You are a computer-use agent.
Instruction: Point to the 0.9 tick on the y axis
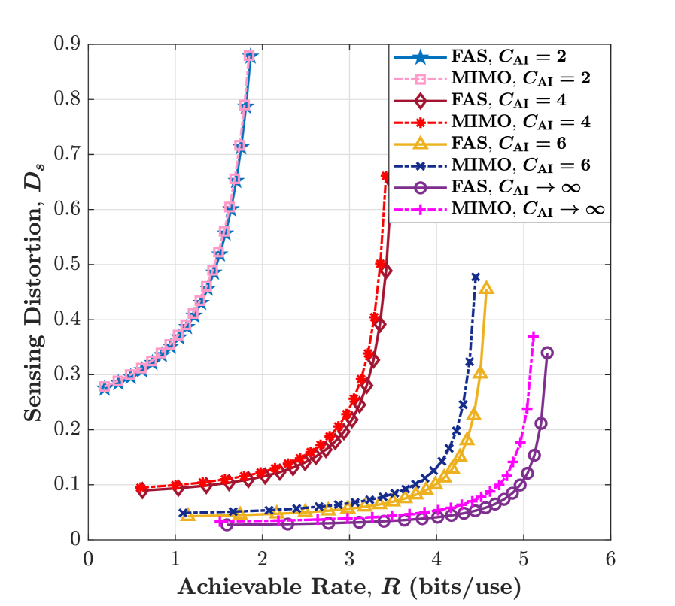coord(69,44)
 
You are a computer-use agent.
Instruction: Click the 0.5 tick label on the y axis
coord(69,265)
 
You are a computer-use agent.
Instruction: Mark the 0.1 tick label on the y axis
coord(69,485)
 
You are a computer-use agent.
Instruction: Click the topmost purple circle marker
coord(547,353)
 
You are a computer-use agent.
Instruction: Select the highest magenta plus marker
coord(534,336)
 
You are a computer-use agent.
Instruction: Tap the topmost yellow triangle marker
coord(486,288)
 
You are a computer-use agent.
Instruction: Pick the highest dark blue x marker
coord(475,277)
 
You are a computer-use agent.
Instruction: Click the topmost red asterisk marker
coord(386,176)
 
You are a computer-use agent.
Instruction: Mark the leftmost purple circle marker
coord(227,524)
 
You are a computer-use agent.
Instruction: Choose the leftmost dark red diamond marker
coord(142,490)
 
